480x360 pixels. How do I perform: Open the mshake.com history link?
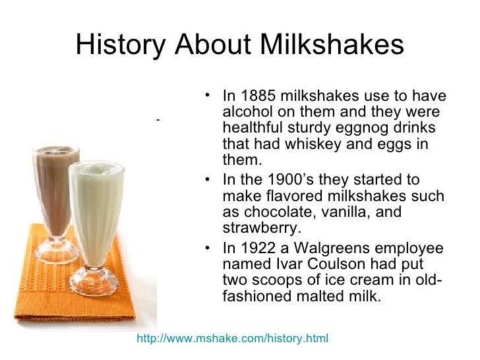231,339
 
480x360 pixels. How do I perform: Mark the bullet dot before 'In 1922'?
208,249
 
